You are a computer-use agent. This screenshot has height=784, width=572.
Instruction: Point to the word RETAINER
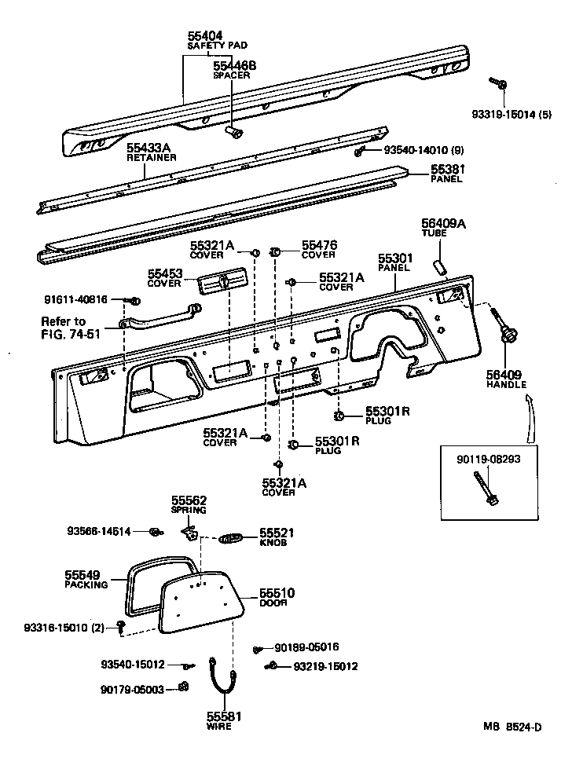tap(152, 157)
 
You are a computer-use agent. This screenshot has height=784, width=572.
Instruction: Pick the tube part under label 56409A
tap(442, 265)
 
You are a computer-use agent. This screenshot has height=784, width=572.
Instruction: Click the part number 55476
tap(320, 246)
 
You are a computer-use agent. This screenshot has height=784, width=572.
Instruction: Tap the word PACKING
tap(86, 585)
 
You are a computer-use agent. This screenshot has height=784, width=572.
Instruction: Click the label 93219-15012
tap(325, 666)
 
